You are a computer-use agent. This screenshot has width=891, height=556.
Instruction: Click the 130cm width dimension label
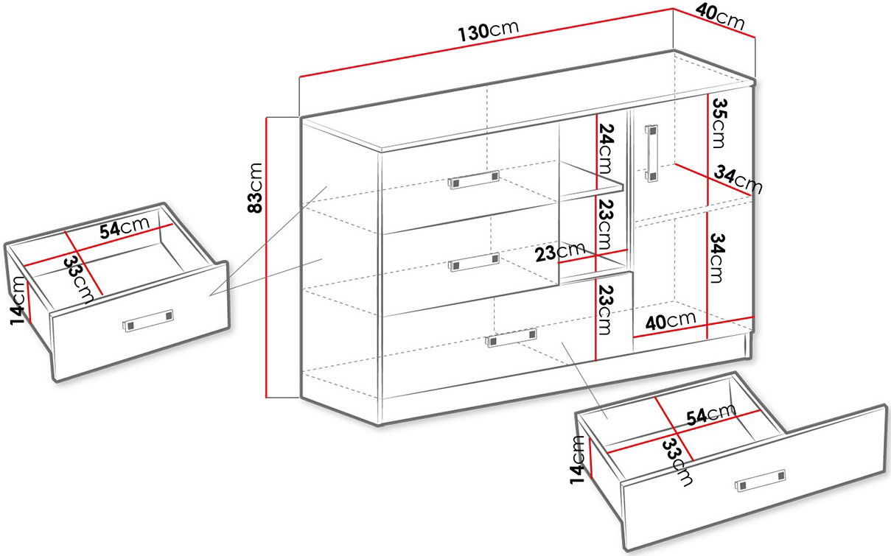pos(489,31)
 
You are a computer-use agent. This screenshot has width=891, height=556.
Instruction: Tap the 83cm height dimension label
pos(255,188)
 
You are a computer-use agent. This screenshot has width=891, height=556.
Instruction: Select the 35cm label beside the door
pos(719,123)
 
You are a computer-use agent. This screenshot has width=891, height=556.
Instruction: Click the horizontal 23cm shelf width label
pos(560,253)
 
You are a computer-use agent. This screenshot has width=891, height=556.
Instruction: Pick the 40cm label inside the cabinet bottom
pos(671,321)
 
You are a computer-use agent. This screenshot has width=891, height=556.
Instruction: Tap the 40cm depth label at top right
pos(720,16)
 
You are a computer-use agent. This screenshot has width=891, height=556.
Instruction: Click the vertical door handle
pos(651,153)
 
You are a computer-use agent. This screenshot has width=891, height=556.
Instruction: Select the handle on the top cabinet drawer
pos(474,180)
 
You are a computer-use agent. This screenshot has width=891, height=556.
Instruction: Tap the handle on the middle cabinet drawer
pos(474,262)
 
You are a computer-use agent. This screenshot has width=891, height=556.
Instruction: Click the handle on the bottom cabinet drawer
pos(511,338)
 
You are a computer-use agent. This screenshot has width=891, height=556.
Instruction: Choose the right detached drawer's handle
pos(761,480)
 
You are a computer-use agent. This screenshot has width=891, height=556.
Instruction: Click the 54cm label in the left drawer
pos(125,228)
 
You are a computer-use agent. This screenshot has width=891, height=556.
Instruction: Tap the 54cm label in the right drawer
pos(711,415)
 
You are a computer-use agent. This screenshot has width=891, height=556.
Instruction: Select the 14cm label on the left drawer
pos(18,300)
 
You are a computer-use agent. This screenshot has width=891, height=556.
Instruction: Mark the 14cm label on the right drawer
pos(578,460)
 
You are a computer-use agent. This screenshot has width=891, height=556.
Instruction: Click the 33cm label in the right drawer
pos(677,462)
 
